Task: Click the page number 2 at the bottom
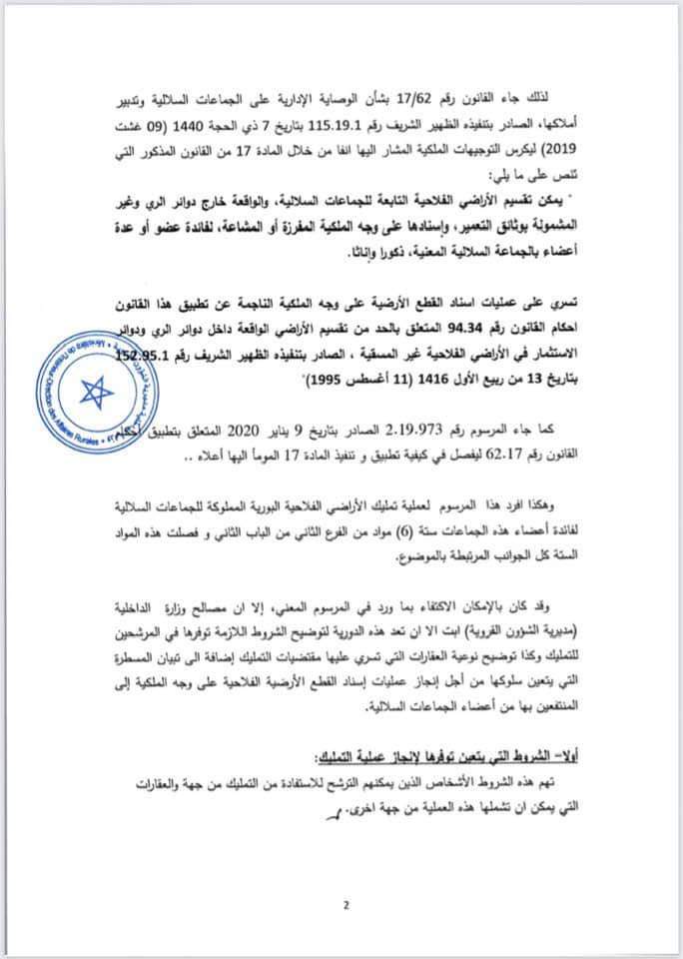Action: click(x=345, y=906)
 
